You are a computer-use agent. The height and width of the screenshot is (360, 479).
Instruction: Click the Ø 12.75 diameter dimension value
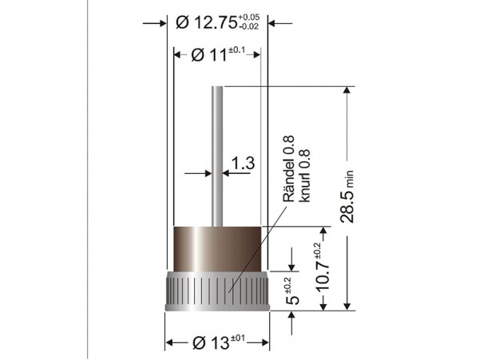[x=207, y=22]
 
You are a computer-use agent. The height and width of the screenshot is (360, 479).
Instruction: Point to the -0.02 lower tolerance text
[x=248, y=26]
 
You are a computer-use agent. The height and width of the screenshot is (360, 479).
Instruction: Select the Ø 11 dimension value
[x=209, y=55]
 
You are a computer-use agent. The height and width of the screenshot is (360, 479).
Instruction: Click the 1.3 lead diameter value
[x=243, y=163]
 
